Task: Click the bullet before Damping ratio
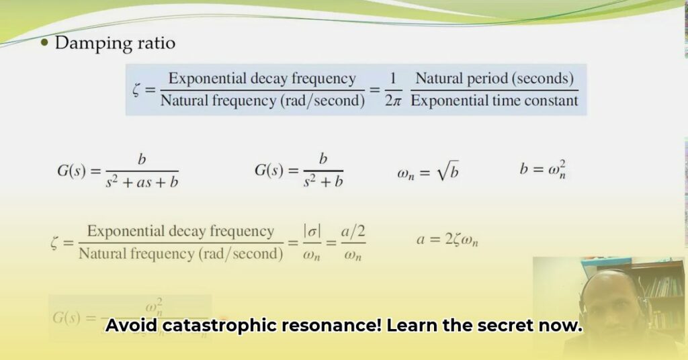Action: pyautogui.click(x=45, y=44)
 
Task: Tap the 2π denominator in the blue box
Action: pyautogui.click(x=393, y=101)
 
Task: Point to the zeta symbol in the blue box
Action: pyautogui.click(x=138, y=90)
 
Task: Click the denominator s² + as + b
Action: pyautogui.click(x=142, y=181)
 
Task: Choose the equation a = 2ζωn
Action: pyautogui.click(x=447, y=239)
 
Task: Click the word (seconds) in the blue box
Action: pyautogui.click(x=544, y=79)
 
